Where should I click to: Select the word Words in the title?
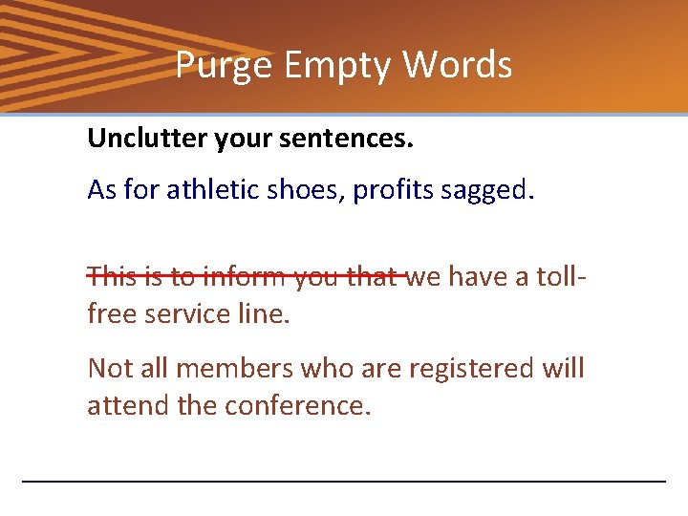coord(457,65)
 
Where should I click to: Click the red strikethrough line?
coord(191,273)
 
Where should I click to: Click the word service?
coord(184,313)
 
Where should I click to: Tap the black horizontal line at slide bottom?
coord(344,481)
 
